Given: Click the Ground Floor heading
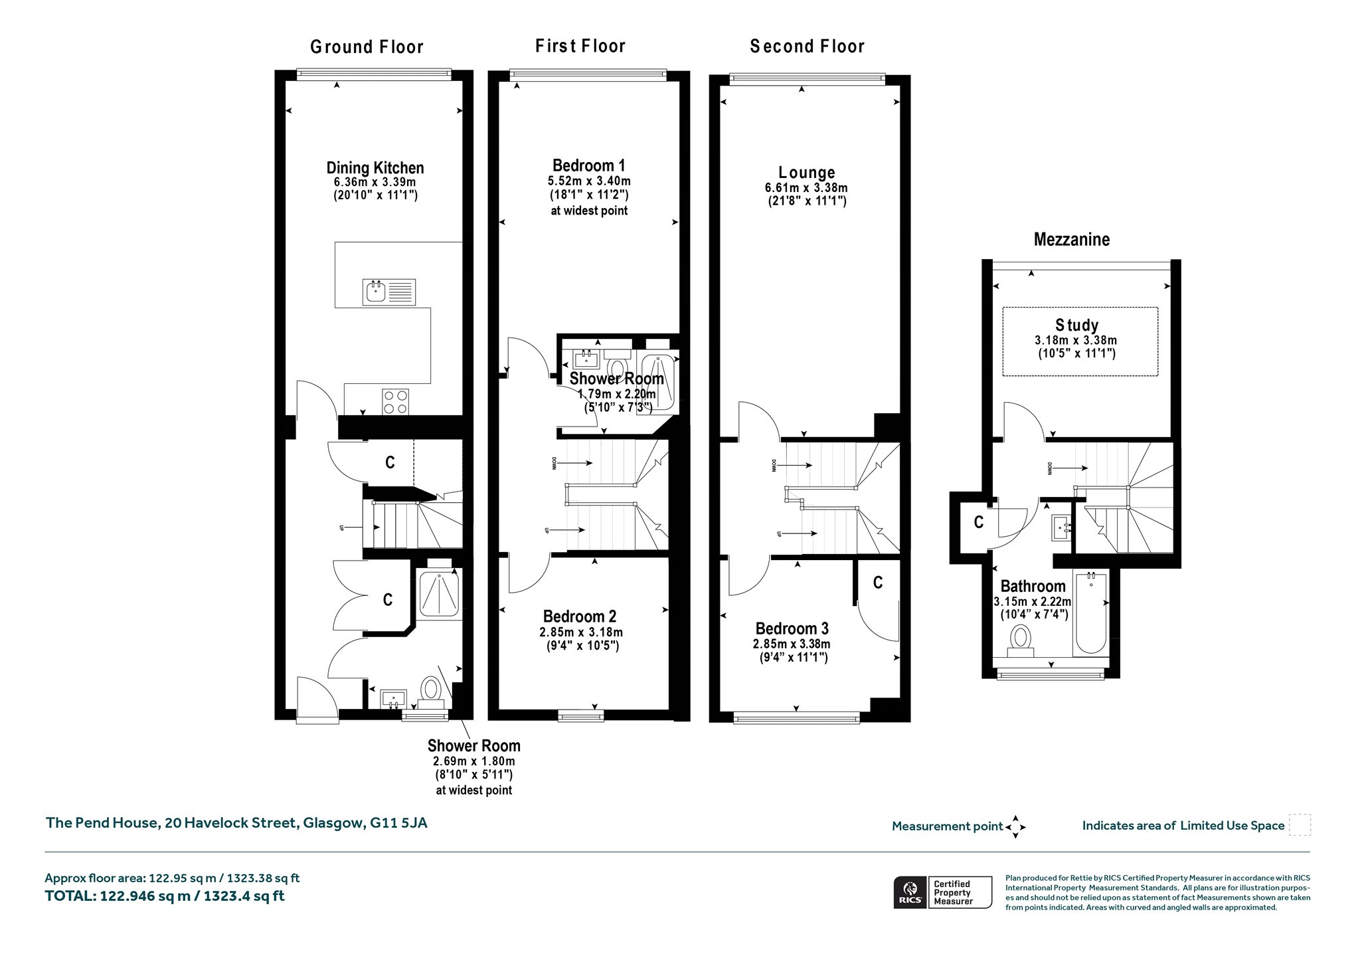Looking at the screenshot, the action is [x=367, y=47].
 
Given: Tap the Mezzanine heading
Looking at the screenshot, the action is [x=1071, y=239].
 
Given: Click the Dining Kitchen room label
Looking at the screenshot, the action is [x=375, y=168].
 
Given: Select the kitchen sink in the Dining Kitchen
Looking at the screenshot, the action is [x=389, y=292].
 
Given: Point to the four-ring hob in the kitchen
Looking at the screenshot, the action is [x=396, y=402].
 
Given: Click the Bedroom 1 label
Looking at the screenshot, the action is [x=589, y=165].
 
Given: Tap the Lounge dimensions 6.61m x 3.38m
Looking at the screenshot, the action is [x=806, y=188].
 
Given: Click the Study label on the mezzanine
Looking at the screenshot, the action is [x=1076, y=325].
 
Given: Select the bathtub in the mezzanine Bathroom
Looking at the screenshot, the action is [x=1090, y=613].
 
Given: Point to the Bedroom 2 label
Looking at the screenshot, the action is [x=580, y=617].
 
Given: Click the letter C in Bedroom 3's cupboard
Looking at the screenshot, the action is [x=878, y=583].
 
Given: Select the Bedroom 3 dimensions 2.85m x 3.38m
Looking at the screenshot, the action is [x=791, y=644].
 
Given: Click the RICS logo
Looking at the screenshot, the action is [x=909, y=892].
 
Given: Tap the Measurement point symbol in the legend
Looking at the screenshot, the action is [x=1015, y=827].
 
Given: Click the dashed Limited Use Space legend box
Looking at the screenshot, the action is [x=1300, y=825].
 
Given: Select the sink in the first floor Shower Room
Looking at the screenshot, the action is [x=587, y=359].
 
